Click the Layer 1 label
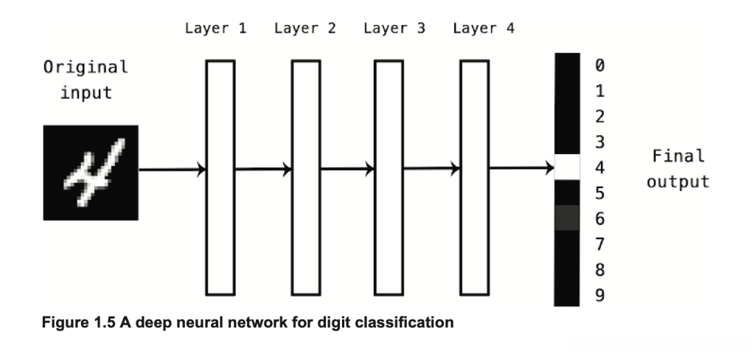216,28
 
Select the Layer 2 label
305,28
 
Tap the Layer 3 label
394,28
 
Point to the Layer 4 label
484,28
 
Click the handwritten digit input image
91,173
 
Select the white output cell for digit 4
567,167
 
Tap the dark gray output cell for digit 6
567,218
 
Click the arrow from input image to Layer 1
173,170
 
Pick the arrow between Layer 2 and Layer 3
348,169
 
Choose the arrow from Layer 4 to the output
522,168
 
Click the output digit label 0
599,65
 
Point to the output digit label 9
599,295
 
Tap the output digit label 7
599,244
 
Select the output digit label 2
599,116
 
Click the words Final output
678,169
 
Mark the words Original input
86,80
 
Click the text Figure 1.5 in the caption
79,322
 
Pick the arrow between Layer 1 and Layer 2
263,169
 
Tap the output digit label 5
599,193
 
